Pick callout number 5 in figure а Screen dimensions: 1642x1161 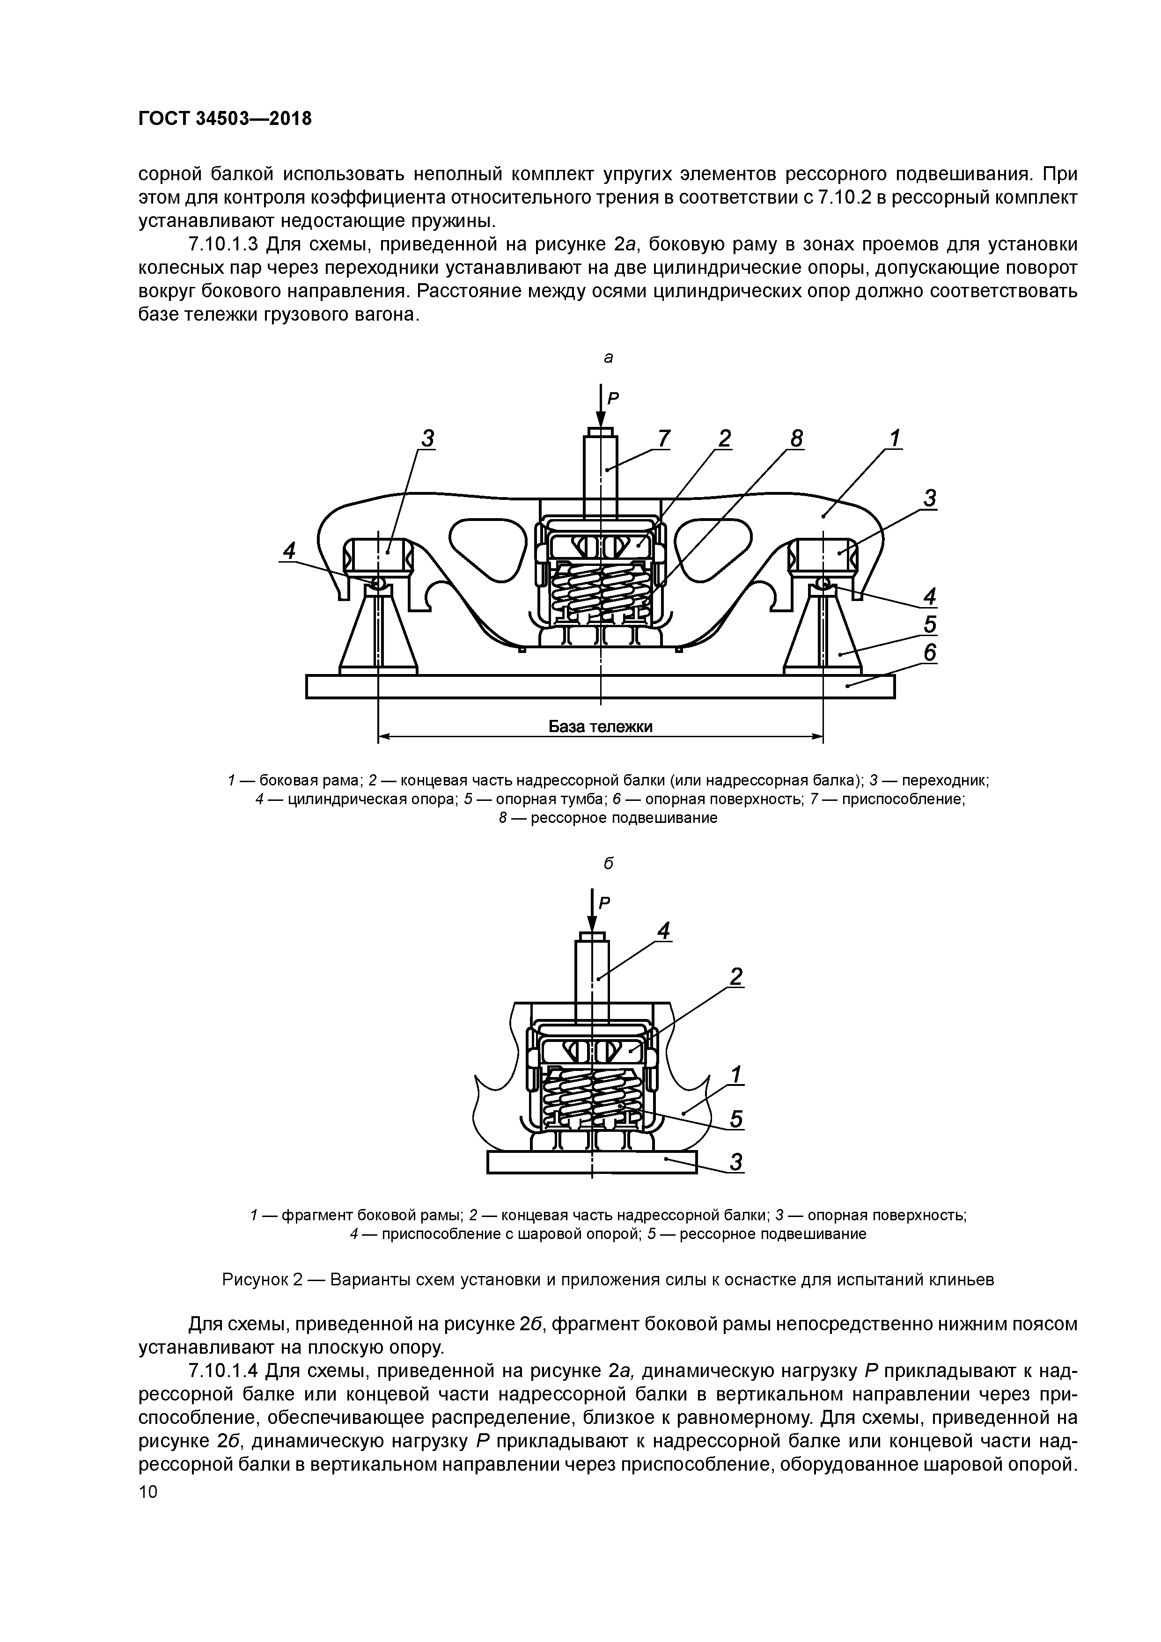coord(929,624)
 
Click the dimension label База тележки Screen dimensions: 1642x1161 coord(600,726)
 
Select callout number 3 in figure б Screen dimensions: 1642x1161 coord(736,1162)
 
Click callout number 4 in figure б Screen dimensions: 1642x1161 coord(664,931)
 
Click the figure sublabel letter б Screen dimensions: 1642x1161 coord(608,864)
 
